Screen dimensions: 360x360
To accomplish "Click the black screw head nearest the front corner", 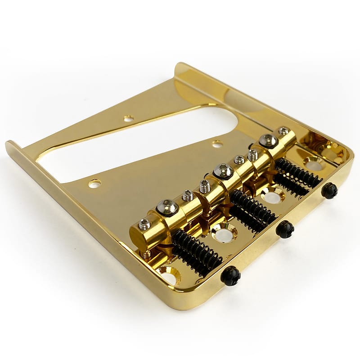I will pyautogui.click(x=230, y=275).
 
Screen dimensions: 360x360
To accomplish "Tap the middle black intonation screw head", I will pyautogui.click(x=284, y=229).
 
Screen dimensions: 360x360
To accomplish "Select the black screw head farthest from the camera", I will pyautogui.click(x=329, y=191).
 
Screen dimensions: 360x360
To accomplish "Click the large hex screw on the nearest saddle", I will pyautogui.click(x=166, y=207).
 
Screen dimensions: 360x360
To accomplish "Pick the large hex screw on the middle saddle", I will pyautogui.click(x=223, y=171).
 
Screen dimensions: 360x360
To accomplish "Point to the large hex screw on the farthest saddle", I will pyautogui.click(x=269, y=141).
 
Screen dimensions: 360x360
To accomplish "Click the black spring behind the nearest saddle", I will pyautogui.click(x=197, y=252).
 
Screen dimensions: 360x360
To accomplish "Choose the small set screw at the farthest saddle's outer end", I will pyautogui.click(x=283, y=131).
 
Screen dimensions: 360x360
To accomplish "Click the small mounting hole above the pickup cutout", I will pyautogui.click(x=129, y=118).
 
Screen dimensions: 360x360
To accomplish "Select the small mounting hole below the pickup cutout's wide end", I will pyautogui.click(x=94, y=183).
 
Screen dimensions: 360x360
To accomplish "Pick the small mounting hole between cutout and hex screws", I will pyautogui.click(x=218, y=144).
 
